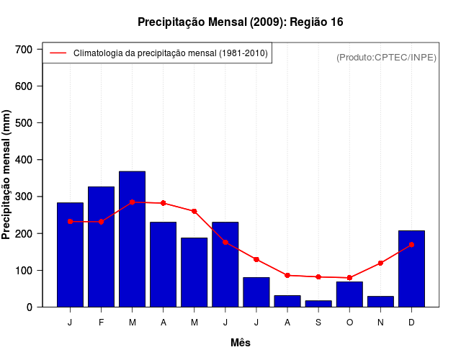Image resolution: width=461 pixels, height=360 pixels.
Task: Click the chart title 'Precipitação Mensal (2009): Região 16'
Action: click(x=240, y=22)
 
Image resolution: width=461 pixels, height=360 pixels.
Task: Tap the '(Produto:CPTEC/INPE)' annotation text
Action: click(x=386, y=57)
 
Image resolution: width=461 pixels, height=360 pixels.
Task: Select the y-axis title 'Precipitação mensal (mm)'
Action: click(x=7, y=174)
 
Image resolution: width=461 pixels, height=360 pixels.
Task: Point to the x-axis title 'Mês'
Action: click(x=241, y=343)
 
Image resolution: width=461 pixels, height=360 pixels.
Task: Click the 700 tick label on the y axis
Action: click(x=24, y=49)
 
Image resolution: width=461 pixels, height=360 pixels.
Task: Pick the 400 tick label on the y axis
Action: click(x=24, y=160)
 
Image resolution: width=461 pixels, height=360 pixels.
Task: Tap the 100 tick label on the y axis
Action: click(x=24, y=270)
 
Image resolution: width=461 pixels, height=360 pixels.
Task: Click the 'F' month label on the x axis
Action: click(x=102, y=323)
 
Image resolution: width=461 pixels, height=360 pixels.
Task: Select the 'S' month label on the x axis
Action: click(x=318, y=323)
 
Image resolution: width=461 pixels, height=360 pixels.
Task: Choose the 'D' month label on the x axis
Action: click(x=411, y=323)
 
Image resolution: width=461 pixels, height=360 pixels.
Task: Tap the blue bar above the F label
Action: click(x=102, y=246)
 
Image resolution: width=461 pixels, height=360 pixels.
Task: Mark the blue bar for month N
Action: click(x=380, y=302)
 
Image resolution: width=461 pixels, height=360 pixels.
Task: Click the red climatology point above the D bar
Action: click(x=411, y=245)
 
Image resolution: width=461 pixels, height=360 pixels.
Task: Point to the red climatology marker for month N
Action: click(x=380, y=263)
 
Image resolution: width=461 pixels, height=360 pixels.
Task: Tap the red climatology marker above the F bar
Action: click(x=102, y=222)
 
